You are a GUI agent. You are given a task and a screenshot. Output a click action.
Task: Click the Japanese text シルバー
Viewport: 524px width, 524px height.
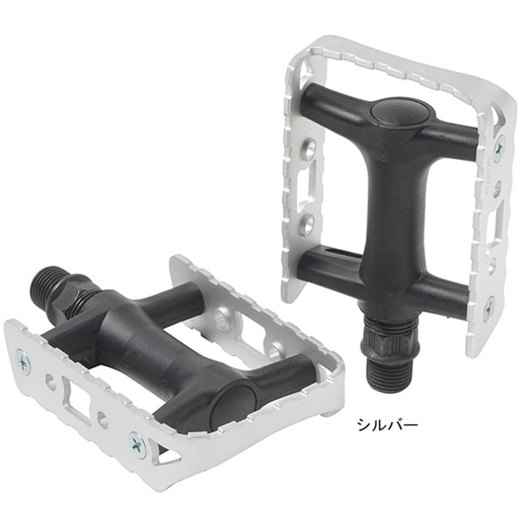(388, 425)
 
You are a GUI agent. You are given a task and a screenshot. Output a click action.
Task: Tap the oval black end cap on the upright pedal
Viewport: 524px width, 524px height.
(401, 116)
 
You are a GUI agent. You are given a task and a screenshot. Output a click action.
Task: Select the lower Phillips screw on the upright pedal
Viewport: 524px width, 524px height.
(490, 305)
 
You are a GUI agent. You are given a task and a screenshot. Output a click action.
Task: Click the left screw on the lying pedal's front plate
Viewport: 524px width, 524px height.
(24, 362)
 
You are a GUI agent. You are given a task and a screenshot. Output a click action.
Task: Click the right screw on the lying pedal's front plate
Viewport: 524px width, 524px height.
(138, 443)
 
